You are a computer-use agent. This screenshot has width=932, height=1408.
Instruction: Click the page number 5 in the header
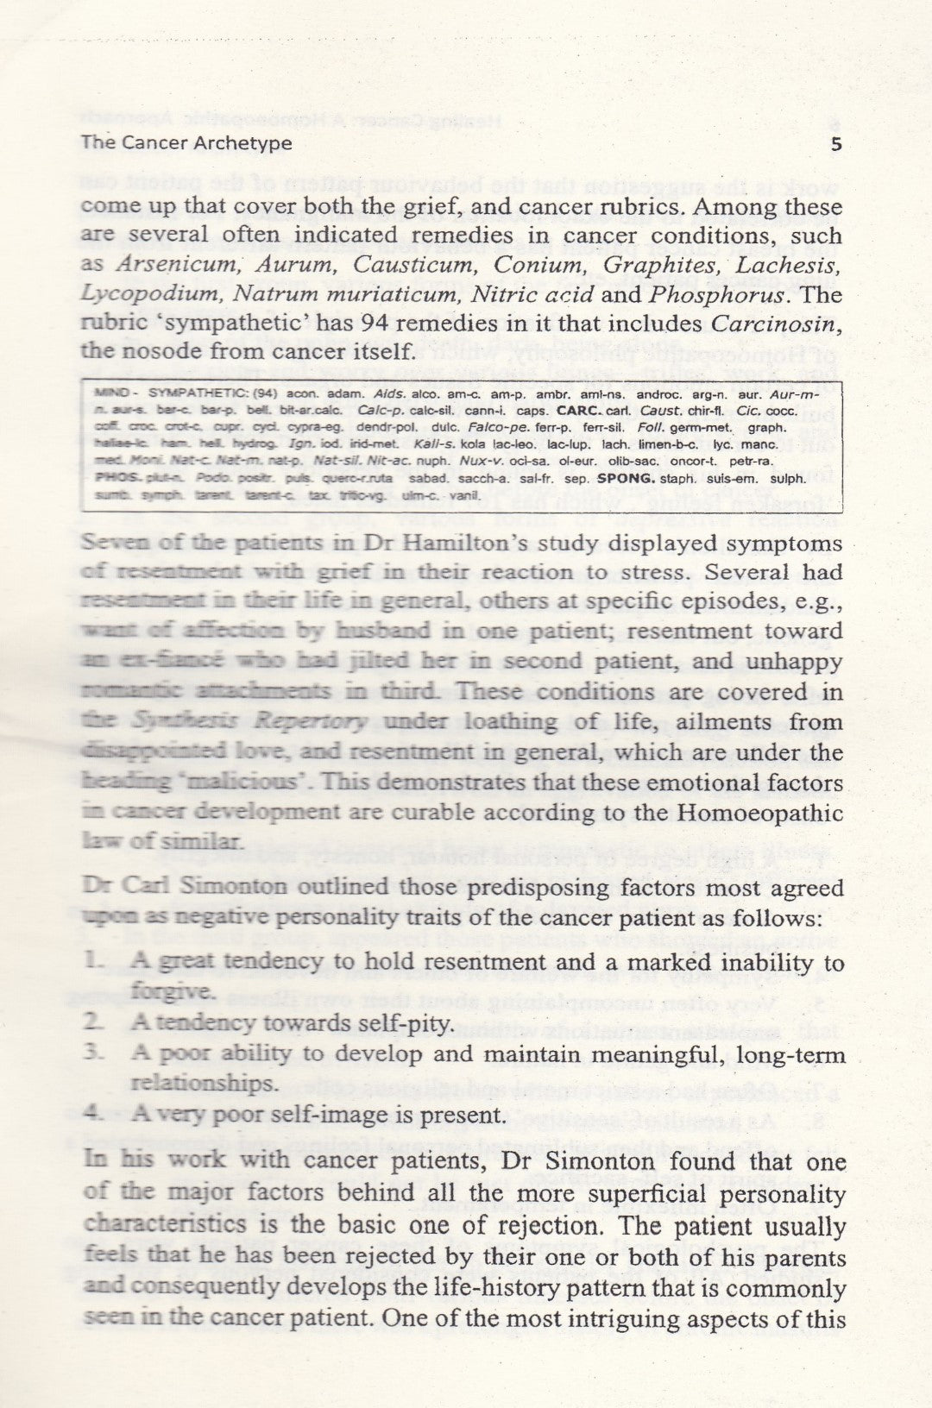pos(835,144)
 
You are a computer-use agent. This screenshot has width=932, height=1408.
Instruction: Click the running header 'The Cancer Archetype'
pos(186,143)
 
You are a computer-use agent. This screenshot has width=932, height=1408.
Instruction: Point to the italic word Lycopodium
pos(147,293)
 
